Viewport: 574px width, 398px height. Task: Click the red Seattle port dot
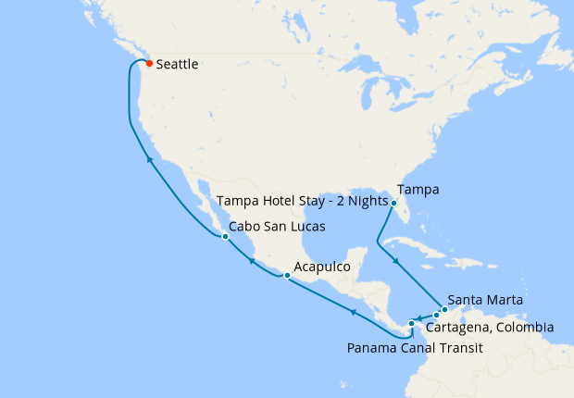click(x=149, y=64)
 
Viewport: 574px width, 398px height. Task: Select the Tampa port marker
click(x=393, y=203)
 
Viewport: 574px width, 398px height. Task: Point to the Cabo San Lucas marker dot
click(x=225, y=236)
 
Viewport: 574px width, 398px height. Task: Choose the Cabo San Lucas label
click(x=277, y=226)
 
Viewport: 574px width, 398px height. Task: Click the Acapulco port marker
click(x=287, y=275)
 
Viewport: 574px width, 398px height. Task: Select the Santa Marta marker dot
click(x=444, y=309)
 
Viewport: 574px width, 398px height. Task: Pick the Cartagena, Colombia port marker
click(x=436, y=316)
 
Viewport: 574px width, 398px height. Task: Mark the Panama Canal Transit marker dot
click(x=412, y=323)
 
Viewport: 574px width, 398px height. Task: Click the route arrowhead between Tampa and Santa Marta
click(x=397, y=261)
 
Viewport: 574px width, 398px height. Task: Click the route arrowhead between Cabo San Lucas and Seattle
click(x=148, y=160)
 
